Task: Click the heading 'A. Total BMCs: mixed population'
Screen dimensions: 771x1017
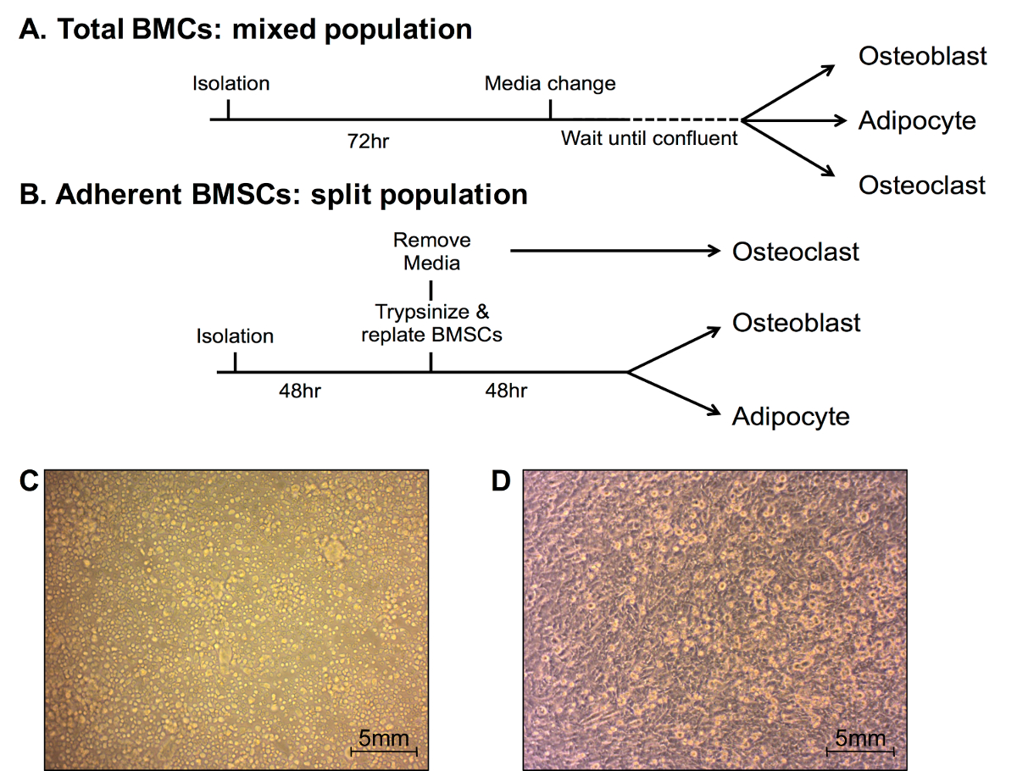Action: point(246,30)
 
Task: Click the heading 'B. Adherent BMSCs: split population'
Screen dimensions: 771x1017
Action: point(273,196)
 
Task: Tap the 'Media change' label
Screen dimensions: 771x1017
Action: point(550,84)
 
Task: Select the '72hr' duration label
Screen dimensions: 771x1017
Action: point(369,141)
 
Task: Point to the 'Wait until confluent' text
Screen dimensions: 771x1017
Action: point(649,138)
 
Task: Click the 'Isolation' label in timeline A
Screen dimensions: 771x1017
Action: point(231,84)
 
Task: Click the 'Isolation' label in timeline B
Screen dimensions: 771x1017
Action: point(235,336)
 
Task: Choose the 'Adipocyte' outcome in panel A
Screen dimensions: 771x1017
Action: point(917,120)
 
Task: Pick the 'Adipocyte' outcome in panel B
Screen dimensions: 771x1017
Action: point(791,416)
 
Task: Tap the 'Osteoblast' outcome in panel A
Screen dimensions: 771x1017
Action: point(922,57)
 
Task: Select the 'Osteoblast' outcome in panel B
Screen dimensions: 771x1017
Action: point(797,323)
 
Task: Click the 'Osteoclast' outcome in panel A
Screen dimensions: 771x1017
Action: point(922,185)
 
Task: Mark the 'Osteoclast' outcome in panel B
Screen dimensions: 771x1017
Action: point(796,252)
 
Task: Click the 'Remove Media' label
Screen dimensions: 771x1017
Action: point(431,252)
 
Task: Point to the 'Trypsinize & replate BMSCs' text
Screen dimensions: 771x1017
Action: point(431,323)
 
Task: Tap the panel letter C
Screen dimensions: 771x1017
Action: point(29,481)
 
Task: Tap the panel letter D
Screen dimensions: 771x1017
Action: point(502,481)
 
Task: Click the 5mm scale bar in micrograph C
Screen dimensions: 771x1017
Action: point(384,751)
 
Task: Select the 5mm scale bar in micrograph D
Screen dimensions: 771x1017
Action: point(859,751)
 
